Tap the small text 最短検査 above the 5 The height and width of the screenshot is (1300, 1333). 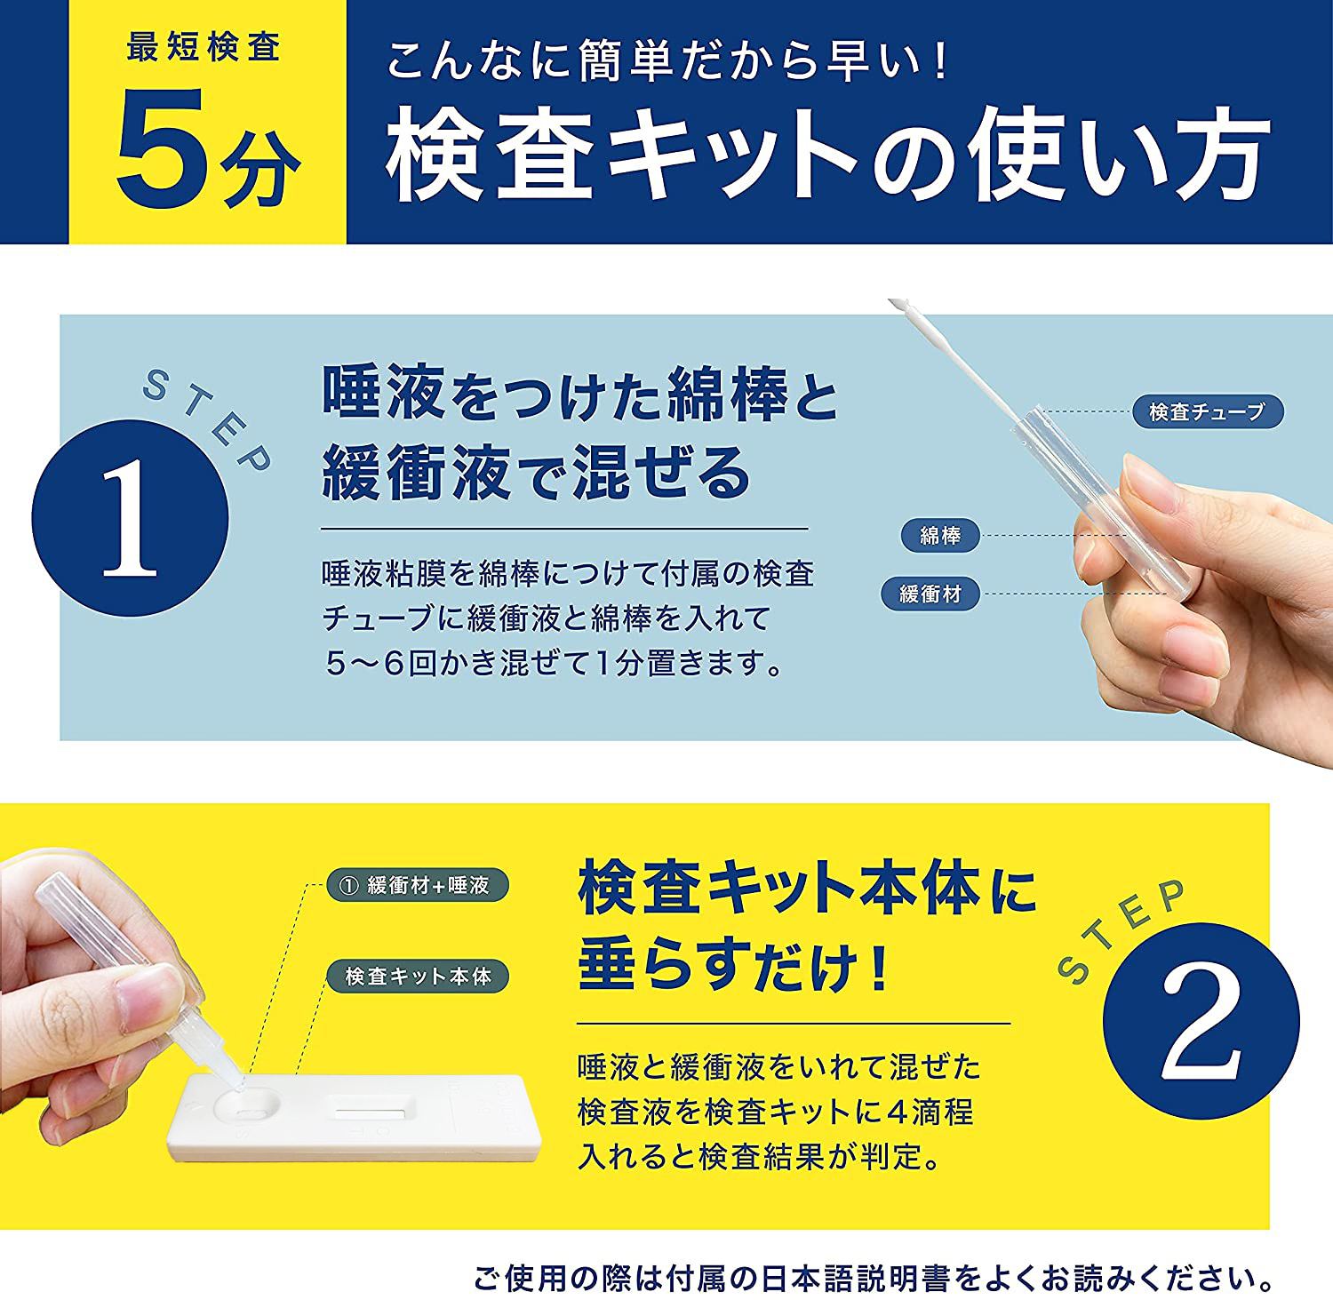click(204, 47)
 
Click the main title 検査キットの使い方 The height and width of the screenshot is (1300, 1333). click(827, 153)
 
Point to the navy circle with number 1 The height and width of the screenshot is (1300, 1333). click(130, 518)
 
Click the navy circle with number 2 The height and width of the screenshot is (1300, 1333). click(1201, 1022)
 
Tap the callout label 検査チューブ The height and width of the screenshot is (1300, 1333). click(1208, 411)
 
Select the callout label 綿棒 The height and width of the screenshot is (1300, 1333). click(940, 536)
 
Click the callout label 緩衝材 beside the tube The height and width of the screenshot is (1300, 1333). click(930, 594)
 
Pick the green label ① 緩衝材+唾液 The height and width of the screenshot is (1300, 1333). click(418, 885)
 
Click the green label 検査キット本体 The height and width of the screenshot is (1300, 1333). click(418, 976)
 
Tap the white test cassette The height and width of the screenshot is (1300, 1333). click(354, 1117)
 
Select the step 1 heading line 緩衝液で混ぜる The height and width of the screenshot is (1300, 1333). click(536, 473)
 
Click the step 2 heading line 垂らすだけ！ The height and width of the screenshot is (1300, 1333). click(733, 966)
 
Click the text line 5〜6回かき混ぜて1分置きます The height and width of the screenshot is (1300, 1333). click(555, 663)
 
